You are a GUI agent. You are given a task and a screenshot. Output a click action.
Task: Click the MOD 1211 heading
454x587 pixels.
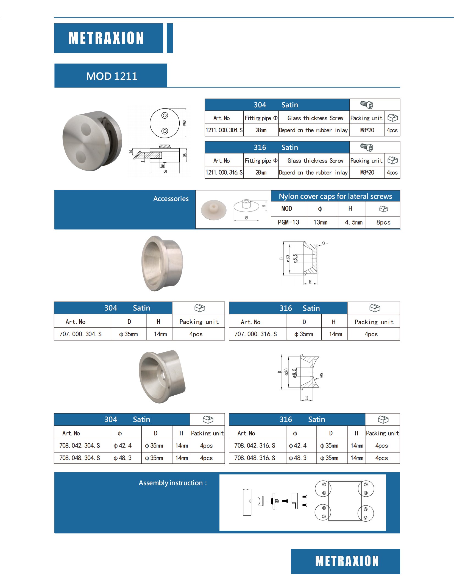pyautogui.click(x=112, y=76)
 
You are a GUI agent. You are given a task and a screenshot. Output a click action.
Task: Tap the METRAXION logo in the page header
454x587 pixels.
pyautogui.click(x=106, y=38)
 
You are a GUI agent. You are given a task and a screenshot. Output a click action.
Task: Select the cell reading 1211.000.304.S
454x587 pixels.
pyautogui.click(x=224, y=130)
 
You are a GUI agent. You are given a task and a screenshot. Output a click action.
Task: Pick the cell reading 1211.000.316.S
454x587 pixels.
pyautogui.click(x=224, y=172)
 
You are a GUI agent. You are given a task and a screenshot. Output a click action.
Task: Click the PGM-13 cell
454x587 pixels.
pyautogui.click(x=288, y=222)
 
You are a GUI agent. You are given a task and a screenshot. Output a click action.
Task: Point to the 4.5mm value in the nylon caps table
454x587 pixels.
pyautogui.click(x=353, y=222)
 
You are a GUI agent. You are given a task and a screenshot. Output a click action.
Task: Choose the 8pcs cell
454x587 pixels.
pyautogui.click(x=383, y=222)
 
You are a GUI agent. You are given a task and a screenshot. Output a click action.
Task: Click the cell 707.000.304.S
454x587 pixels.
pyautogui.click(x=80, y=334)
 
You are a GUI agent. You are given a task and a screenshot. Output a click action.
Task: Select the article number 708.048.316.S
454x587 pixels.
pyautogui.click(x=255, y=458)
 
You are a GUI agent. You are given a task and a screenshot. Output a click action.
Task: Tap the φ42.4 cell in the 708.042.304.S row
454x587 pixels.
pyautogui.click(x=123, y=445)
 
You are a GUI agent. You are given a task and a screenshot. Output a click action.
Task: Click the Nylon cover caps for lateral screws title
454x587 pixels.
pyautogui.click(x=335, y=196)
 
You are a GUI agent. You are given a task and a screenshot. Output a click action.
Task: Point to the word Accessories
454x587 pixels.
pyautogui.click(x=171, y=199)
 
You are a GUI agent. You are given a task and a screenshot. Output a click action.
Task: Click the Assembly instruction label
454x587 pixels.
pyautogui.click(x=172, y=483)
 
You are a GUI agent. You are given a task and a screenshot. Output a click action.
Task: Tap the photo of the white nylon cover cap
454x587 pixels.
pyautogui.click(x=214, y=210)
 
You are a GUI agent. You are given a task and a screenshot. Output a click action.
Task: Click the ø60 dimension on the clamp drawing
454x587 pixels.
pyautogui.click(x=184, y=123)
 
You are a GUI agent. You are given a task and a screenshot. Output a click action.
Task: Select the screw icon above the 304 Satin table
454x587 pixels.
pyautogui.click(x=367, y=105)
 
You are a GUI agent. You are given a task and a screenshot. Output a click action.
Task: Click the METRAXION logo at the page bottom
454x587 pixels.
pyautogui.click(x=347, y=561)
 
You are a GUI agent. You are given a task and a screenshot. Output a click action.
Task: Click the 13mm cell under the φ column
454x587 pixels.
pyautogui.click(x=320, y=222)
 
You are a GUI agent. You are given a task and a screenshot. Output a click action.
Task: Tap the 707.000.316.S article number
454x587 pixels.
pyautogui.click(x=255, y=334)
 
